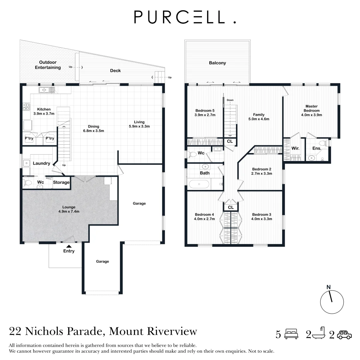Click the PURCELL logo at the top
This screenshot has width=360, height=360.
point(185,17)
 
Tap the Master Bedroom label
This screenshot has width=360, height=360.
point(312,108)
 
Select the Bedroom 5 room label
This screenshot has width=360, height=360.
point(205,111)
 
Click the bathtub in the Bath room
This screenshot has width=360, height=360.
point(199,184)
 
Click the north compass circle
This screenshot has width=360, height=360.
point(332,302)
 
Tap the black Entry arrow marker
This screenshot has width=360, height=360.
point(69,246)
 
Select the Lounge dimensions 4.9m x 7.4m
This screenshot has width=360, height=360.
point(69,211)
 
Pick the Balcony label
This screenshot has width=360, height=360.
point(217,63)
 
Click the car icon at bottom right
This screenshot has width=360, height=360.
point(344,334)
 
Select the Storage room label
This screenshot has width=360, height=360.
point(61,182)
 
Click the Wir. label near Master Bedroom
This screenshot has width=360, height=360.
point(295,148)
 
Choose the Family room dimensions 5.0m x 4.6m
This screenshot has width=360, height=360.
point(259,119)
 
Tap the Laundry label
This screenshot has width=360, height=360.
point(41,163)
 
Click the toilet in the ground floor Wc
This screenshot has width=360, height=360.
point(28,183)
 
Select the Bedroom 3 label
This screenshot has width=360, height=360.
point(262,214)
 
